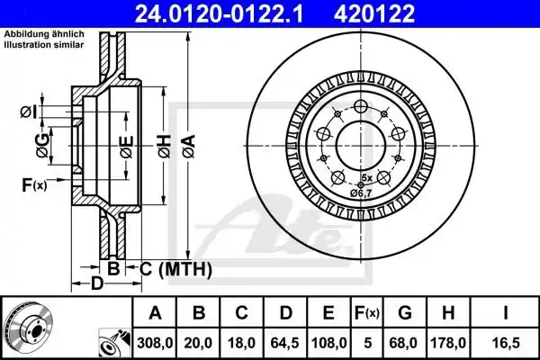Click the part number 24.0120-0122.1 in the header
click(x=219, y=13)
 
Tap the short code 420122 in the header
click(x=374, y=13)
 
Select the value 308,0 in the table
click(x=155, y=343)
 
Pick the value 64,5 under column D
click(x=284, y=343)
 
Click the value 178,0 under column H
click(x=448, y=343)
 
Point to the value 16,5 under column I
click(x=505, y=343)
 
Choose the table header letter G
click(x=405, y=313)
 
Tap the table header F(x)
click(x=366, y=313)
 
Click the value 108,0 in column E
click(x=328, y=343)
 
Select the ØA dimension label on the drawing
click(x=189, y=147)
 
